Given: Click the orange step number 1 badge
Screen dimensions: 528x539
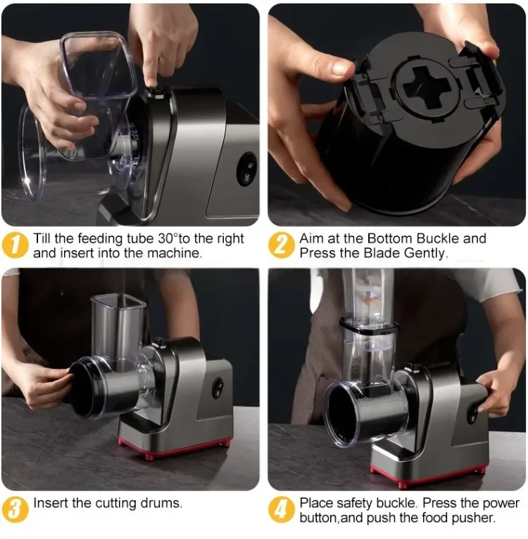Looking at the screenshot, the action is pos(14,245).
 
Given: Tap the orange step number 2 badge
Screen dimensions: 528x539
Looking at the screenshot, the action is pos(281,245).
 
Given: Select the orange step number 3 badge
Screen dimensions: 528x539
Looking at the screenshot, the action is pos(14,509).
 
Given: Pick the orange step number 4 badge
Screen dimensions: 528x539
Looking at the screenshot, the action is pos(281,509).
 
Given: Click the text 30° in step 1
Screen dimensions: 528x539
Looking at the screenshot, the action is pos(169,238).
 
